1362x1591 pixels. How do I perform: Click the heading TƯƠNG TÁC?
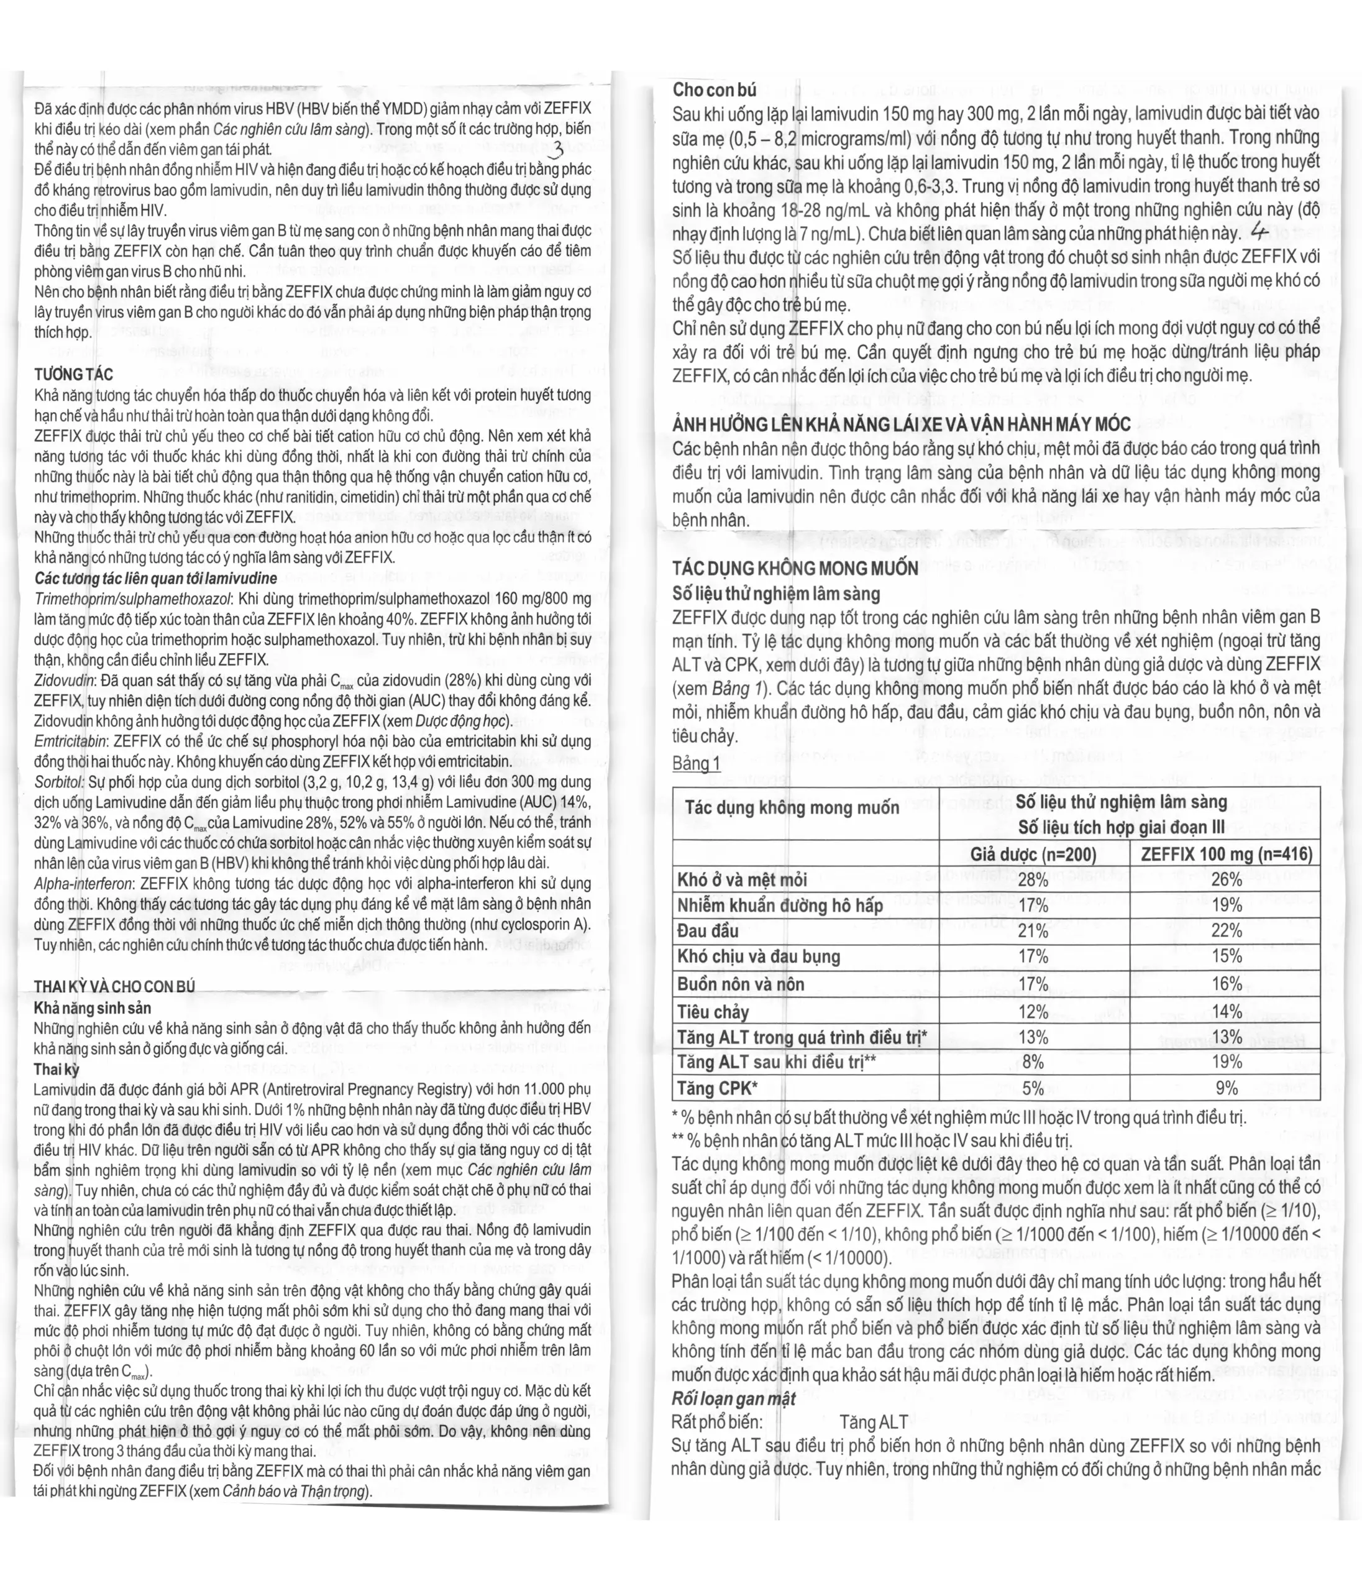(74, 374)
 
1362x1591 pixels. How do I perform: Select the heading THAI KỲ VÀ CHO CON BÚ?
(114, 987)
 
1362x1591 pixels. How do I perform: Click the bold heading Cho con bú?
(714, 90)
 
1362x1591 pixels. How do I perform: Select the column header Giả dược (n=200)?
(1033, 855)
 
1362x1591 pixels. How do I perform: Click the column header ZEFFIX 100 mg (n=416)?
(1226, 855)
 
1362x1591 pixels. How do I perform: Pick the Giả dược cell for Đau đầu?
(1033, 932)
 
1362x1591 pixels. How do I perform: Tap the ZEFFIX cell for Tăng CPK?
(1226, 1088)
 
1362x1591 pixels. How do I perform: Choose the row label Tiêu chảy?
(713, 1012)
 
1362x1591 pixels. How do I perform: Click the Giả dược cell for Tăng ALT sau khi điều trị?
(1033, 1062)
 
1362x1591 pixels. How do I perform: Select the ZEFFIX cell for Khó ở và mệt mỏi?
(1226, 880)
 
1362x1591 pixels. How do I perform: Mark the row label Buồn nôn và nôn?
(740, 984)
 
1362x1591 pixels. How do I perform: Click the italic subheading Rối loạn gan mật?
(733, 1399)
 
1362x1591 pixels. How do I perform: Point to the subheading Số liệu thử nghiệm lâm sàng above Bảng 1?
(775, 594)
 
